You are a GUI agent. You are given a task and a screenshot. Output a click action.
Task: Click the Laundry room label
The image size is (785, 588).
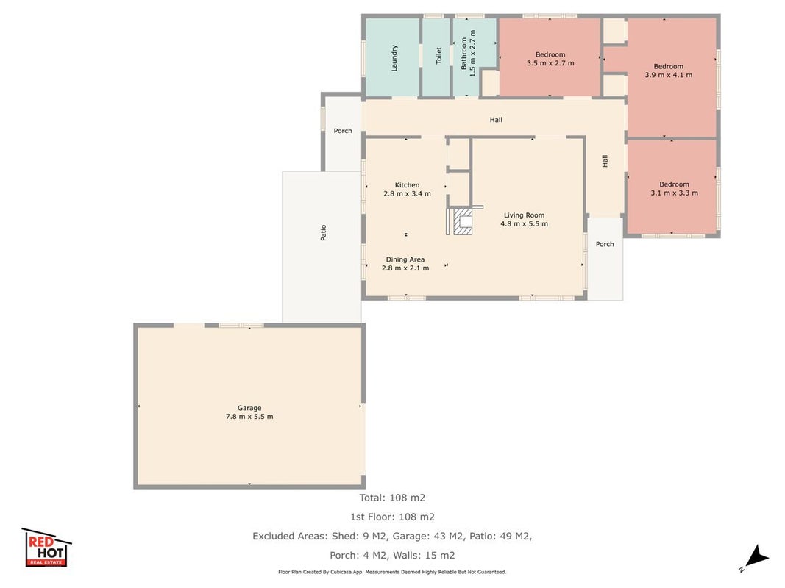(394, 58)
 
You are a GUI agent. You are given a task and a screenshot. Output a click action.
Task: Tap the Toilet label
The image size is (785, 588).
(438, 56)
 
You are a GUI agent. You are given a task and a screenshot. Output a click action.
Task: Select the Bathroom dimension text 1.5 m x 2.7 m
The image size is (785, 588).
(472, 54)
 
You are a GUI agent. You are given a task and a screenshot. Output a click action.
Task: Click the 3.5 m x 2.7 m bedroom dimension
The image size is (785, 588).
(550, 63)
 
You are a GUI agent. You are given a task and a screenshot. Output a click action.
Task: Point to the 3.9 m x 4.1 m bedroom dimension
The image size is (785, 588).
(668, 75)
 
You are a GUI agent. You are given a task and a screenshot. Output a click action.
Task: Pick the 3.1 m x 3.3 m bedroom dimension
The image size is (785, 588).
(674, 193)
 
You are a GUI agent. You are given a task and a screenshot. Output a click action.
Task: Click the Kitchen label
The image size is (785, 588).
(407, 185)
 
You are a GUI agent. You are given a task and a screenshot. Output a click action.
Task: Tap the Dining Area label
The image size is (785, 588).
(405, 259)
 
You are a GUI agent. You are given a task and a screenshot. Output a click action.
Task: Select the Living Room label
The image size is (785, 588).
(524, 215)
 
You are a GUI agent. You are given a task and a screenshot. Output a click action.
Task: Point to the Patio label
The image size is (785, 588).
(324, 232)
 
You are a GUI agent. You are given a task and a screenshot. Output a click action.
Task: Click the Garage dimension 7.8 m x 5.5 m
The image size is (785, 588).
(249, 417)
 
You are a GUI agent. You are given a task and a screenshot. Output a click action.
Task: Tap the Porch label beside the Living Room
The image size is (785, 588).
(605, 244)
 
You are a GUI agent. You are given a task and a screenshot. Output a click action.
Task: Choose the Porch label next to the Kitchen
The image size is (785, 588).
(343, 131)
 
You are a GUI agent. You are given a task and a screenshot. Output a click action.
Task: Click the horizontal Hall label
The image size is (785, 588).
(496, 120)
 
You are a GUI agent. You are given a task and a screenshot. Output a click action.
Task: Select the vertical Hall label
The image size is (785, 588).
(605, 161)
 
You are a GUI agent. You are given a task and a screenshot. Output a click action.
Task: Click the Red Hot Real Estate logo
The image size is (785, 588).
(46, 548)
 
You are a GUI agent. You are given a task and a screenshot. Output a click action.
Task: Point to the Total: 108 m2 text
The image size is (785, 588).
(392, 498)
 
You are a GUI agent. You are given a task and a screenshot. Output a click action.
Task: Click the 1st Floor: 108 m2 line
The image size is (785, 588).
(392, 517)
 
